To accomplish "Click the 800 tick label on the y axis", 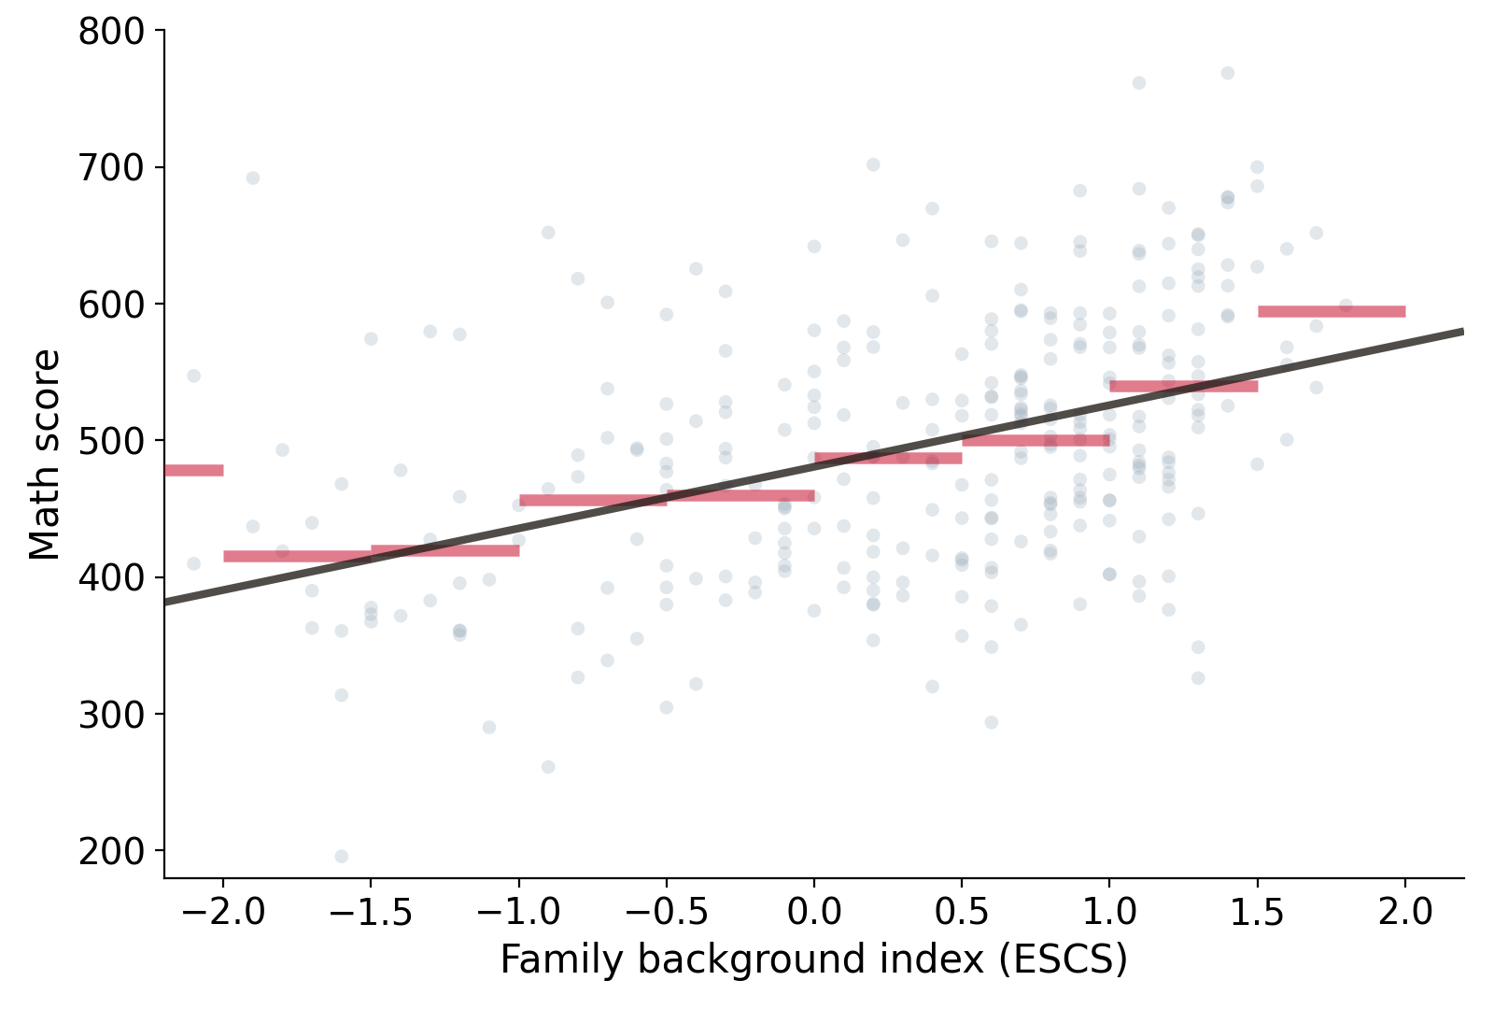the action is click(111, 32).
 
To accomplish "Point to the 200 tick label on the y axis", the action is click(111, 851).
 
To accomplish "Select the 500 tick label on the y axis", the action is click(111, 441).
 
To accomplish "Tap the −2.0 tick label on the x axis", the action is click(223, 912).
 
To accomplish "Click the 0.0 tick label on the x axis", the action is click(814, 912).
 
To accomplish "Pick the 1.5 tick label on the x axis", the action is click(1257, 912).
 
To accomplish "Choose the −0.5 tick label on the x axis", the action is click(667, 912).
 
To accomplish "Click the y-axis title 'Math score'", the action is click(45, 454).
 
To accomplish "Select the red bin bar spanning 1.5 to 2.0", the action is click(1332, 312).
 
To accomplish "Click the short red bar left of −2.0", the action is click(194, 471).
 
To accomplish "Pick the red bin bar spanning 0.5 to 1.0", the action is click(1036, 440).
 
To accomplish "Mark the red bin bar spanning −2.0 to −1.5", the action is click(298, 557).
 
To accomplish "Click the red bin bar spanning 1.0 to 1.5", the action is click(1184, 387).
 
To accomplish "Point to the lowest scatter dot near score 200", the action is click(342, 856).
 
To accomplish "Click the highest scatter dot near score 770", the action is click(1228, 74).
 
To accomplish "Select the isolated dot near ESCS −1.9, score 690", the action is click(253, 178).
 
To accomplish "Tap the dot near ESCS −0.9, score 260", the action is click(548, 767).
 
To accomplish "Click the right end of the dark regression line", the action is click(1463, 332).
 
